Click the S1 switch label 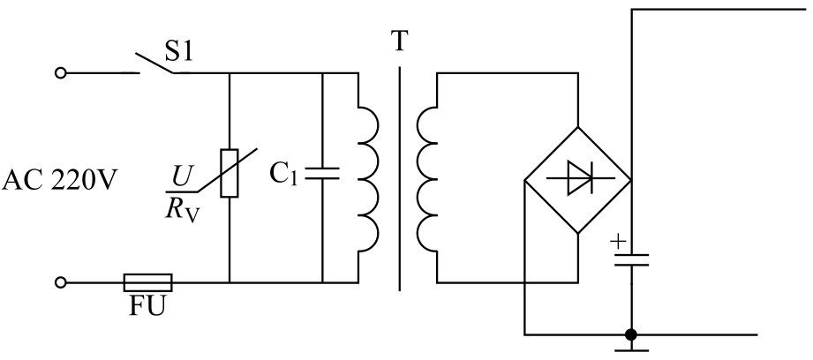click(179, 51)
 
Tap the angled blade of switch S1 click(154, 63)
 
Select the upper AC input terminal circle click(61, 73)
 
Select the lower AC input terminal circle click(61, 282)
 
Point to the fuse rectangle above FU click(147, 283)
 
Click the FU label click(147, 305)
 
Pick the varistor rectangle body click(230, 173)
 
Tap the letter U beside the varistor click(181, 176)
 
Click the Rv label click(182, 210)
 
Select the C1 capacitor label click(284, 175)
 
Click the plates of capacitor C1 click(322, 174)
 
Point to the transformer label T click(399, 41)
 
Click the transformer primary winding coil click(369, 180)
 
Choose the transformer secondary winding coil click(426, 180)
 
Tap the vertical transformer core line click(400, 179)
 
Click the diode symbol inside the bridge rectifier click(578, 178)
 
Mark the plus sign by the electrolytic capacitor click(617, 242)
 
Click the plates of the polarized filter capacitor click(631, 259)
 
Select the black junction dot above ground click(630, 334)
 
